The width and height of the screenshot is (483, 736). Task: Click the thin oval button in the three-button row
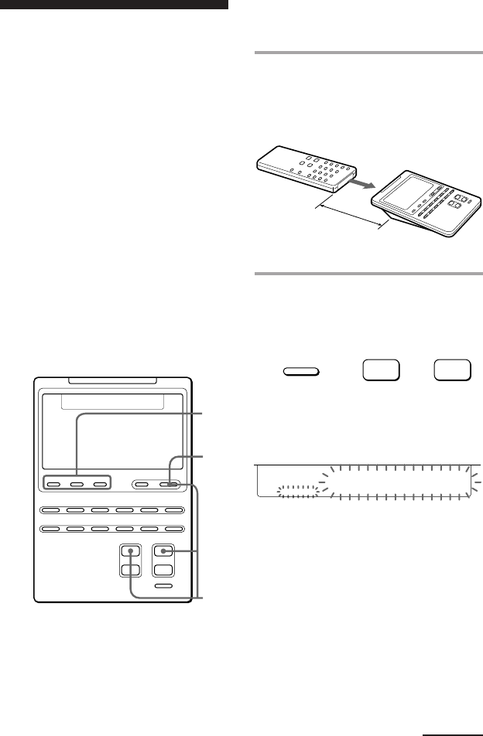coord(302,372)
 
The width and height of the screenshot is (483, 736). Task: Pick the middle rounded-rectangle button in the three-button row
coord(381,370)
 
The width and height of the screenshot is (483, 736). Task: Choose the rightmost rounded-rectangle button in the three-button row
coord(453,370)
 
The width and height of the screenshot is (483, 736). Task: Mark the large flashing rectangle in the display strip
coord(397,482)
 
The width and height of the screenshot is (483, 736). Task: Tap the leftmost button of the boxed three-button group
coord(54,485)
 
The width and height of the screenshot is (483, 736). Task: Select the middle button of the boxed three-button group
coord(77,485)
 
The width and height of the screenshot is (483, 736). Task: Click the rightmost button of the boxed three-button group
coord(100,485)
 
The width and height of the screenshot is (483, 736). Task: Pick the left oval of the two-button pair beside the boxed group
coord(143,485)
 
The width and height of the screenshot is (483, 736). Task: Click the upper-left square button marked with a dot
coord(132,552)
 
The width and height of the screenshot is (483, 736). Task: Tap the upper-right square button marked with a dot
coord(163,552)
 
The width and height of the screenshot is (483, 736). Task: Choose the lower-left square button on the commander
coord(132,570)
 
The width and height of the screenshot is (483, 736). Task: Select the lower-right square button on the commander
coord(163,570)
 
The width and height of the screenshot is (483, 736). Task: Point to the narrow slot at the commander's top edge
coord(113,380)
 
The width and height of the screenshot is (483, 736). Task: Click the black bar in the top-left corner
coord(114,4)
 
